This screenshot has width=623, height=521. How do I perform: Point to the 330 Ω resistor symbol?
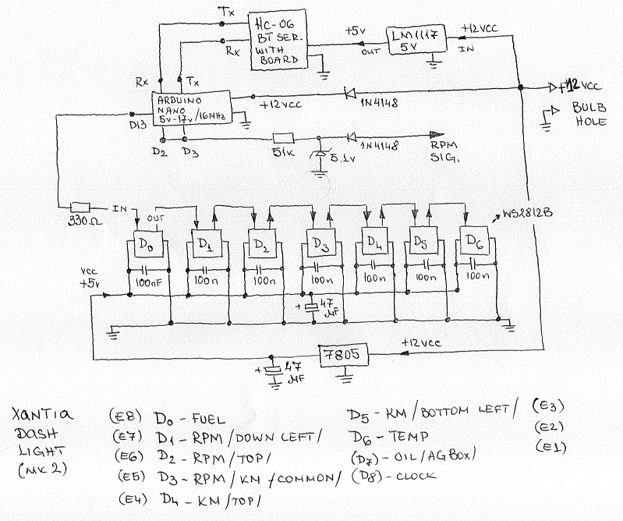(80, 208)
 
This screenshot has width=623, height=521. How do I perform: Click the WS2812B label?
(529, 211)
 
